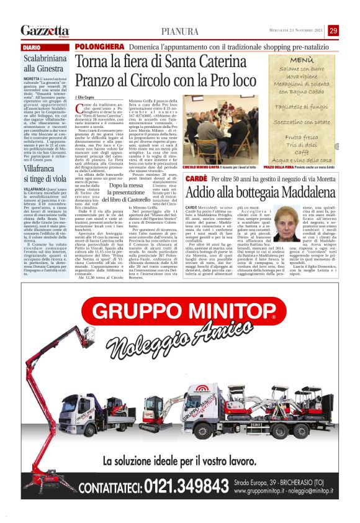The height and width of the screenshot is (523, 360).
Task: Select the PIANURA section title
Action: coord(180,31)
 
